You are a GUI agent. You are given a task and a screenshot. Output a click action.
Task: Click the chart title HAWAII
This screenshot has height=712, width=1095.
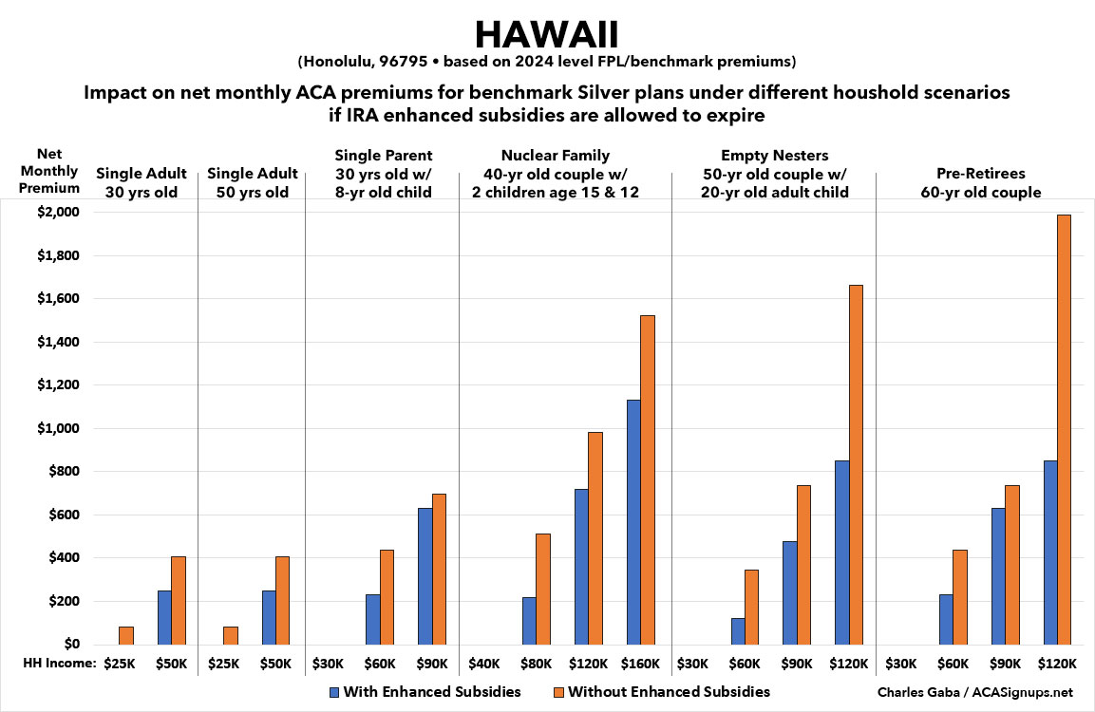point(547,34)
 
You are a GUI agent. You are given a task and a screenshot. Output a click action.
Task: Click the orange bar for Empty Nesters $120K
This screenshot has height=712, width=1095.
point(855,464)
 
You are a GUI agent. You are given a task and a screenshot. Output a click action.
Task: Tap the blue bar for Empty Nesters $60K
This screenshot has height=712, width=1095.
point(738,631)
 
